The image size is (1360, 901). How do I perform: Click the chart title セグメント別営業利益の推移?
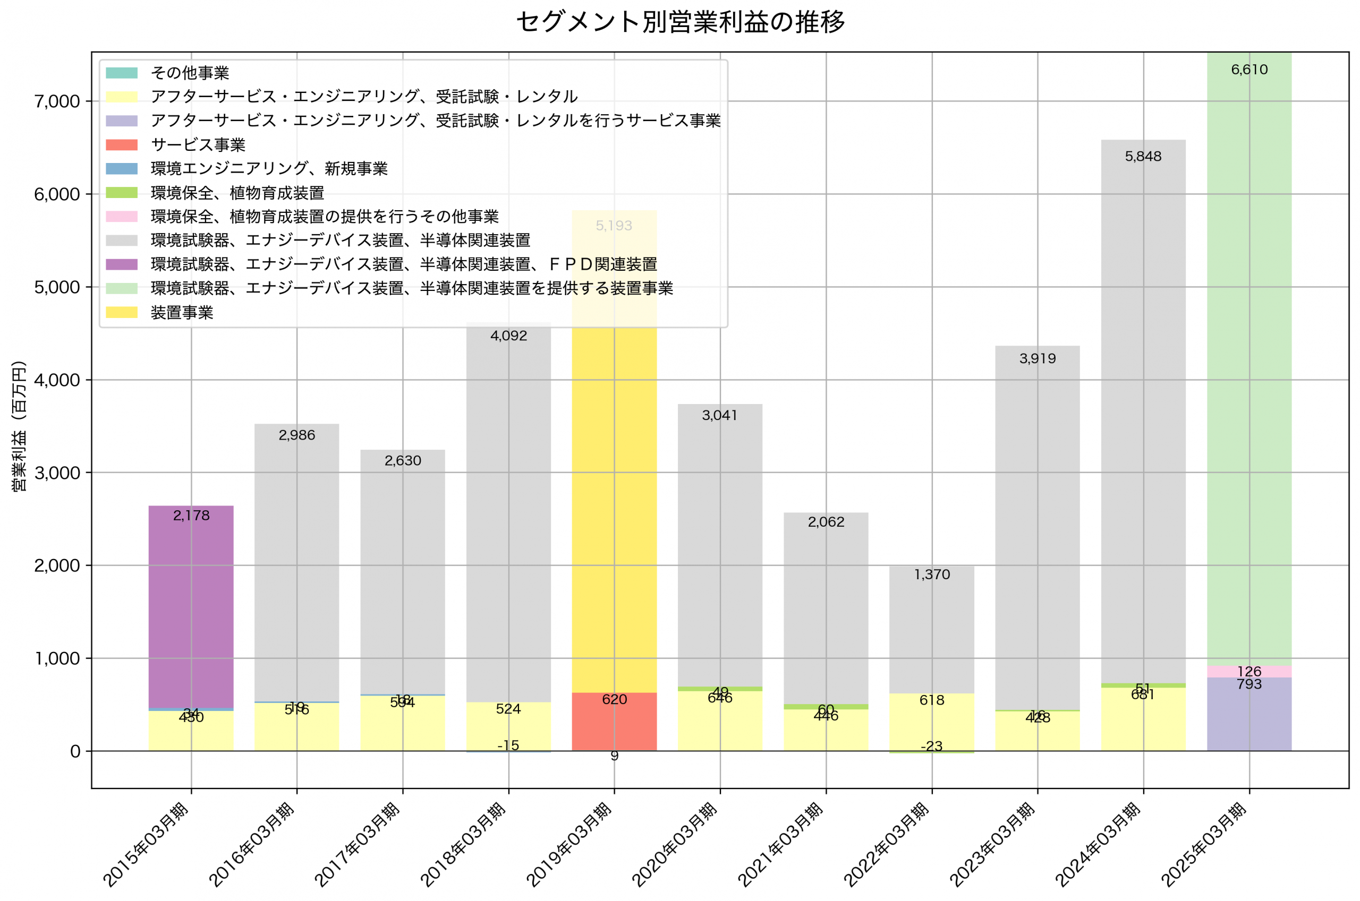coord(680,22)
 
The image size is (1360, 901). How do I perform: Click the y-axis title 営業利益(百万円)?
coord(19,426)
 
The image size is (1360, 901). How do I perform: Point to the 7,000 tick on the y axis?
coord(57,102)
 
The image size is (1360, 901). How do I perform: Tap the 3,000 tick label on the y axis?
coord(57,473)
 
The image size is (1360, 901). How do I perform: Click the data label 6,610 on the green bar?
coord(1248,70)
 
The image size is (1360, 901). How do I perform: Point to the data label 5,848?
coord(1143,156)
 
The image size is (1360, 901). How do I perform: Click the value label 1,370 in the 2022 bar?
coord(932,574)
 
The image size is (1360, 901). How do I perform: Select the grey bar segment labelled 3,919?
coord(1037,517)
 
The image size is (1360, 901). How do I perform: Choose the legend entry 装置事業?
coord(182,313)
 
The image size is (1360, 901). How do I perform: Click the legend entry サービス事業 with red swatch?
coord(198,145)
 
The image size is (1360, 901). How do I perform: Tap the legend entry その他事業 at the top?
coord(190,73)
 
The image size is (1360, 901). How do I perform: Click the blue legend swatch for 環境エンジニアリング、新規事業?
coord(122,169)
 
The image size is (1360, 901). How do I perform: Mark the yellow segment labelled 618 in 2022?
coord(932,718)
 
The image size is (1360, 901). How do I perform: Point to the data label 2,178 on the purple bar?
coord(191,516)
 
